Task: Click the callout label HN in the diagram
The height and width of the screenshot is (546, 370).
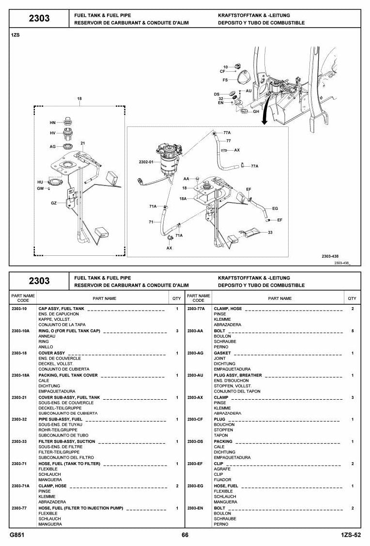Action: (x=53, y=123)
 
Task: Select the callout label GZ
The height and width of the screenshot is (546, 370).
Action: (x=54, y=203)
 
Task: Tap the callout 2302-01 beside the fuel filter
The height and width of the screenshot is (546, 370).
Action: (x=146, y=162)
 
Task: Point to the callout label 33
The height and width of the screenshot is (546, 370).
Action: (x=270, y=232)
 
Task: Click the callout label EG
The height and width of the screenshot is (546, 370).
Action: (x=275, y=209)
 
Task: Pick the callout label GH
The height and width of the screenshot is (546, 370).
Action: (x=256, y=112)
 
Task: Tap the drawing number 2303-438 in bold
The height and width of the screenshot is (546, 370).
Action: (x=330, y=256)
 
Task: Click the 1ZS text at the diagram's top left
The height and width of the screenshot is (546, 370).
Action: (x=15, y=35)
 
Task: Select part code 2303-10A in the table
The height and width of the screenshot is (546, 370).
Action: (x=20, y=331)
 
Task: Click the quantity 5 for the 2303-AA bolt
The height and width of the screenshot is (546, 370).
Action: (x=353, y=331)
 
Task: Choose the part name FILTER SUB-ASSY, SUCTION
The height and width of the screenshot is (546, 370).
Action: (x=67, y=441)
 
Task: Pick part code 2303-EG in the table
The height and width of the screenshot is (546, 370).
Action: (x=195, y=486)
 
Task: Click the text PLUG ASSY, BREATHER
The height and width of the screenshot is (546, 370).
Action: (x=238, y=375)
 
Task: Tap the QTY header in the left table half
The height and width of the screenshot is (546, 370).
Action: (x=177, y=298)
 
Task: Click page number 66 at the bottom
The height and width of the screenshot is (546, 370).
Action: (x=185, y=535)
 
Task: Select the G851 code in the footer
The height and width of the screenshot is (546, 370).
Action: (x=17, y=535)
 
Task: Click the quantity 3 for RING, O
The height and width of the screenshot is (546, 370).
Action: (x=177, y=331)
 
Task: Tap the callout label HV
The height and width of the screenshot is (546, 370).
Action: (x=53, y=133)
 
